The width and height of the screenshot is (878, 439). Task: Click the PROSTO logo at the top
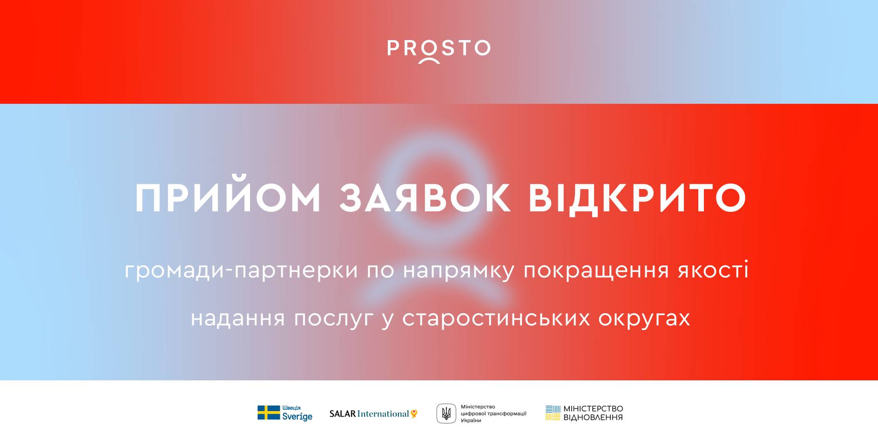(439, 50)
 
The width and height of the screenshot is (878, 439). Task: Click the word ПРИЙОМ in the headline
(228, 198)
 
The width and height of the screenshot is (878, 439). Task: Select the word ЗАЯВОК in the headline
(425, 198)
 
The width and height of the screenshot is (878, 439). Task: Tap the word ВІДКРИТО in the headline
(638, 198)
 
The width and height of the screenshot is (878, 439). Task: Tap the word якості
(713, 270)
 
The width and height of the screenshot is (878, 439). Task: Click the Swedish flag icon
(269, 413)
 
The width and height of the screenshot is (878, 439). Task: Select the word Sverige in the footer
(297, 417)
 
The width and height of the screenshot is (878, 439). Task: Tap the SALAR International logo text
(369, 414)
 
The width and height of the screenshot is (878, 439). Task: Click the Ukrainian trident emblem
(446, 413)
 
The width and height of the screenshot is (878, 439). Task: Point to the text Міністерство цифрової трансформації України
(493, 413)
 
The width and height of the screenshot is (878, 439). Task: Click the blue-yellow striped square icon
(553, 413)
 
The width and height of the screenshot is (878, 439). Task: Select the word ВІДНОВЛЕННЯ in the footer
(593, 418)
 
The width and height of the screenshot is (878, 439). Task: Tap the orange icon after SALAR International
(414, 413)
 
